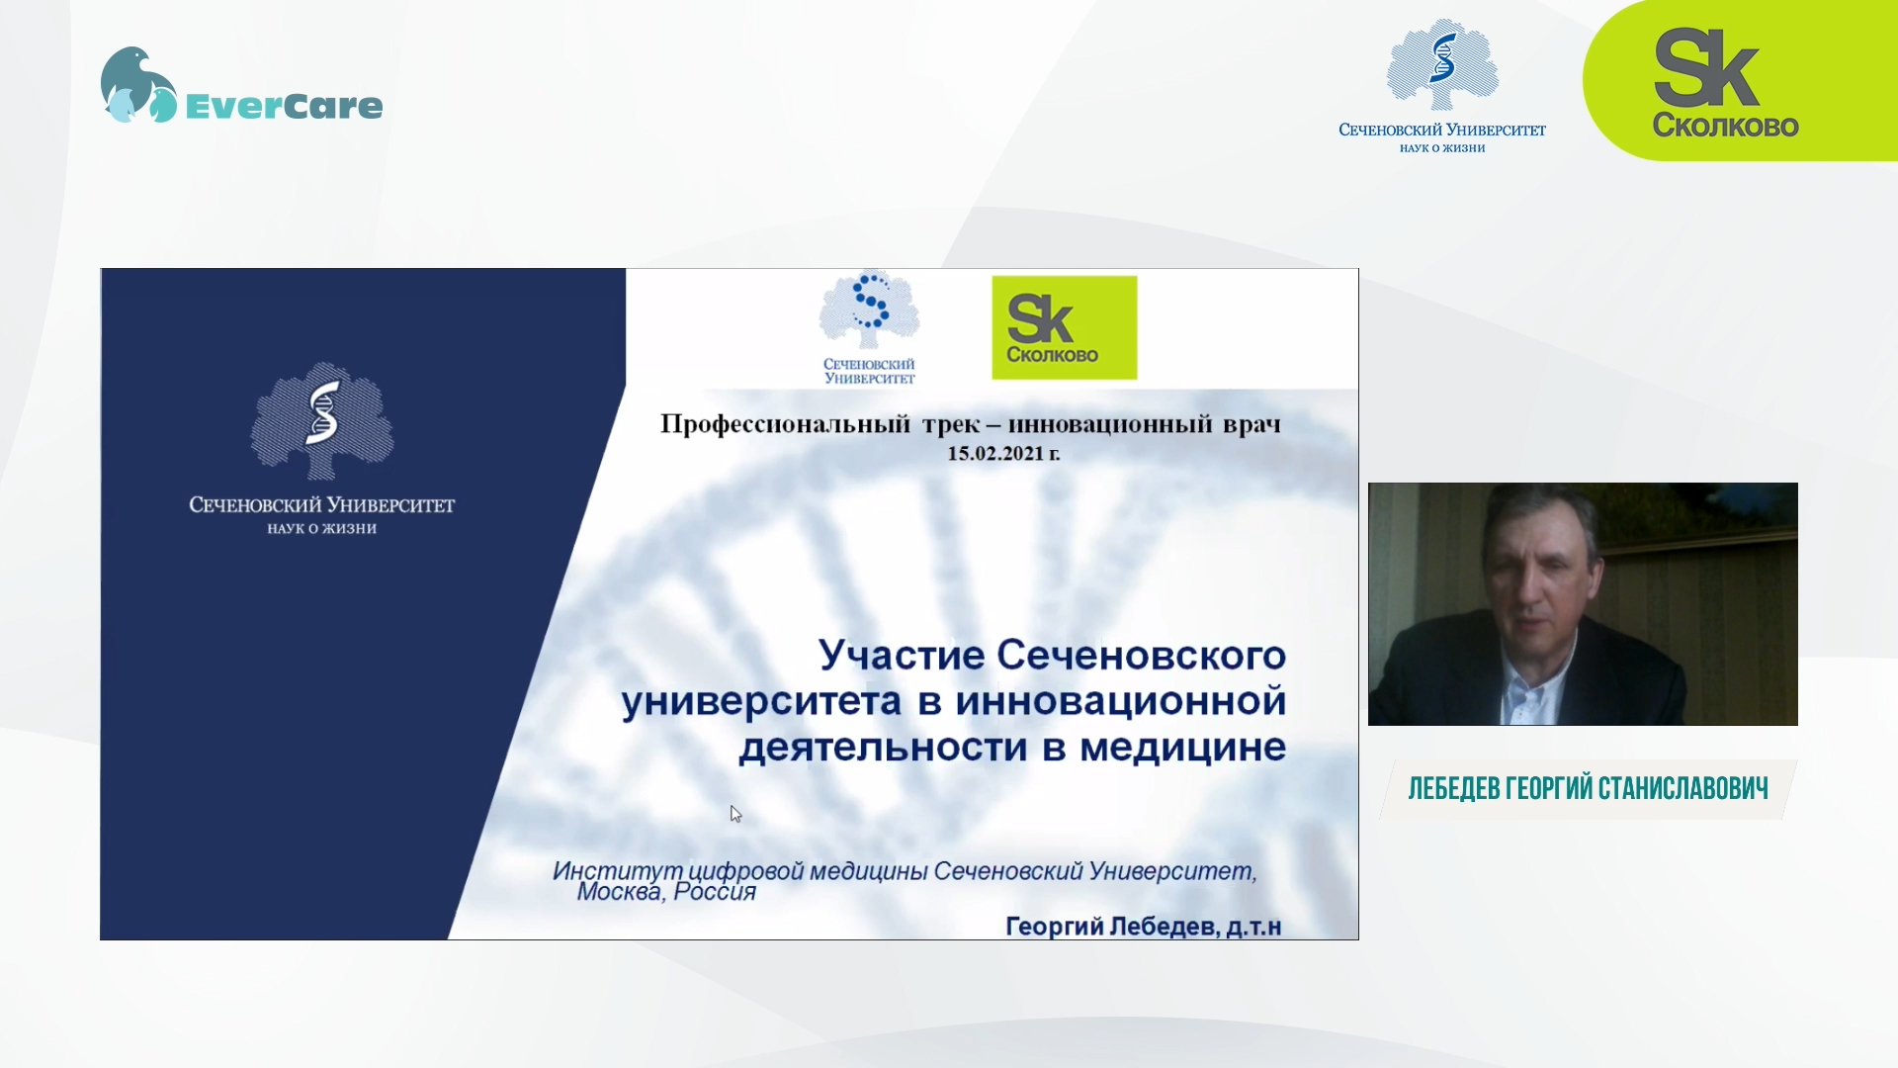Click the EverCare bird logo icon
click(x=138, y=85)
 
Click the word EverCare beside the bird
click(x=284, y=106)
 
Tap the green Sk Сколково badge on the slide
click(x=1064, y=327)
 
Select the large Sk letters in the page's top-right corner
click(x=1706, y=67)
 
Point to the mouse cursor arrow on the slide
click(x=735, y=814)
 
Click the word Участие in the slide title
click(x=902, y=655)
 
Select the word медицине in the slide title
click(x=1182, y=748)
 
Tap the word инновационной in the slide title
click(x=1121, y=701)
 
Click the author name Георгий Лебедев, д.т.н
click(x=1143, y=927)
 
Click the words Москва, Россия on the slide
click(x=666, y=892)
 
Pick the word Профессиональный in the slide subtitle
click(x=785, y=424)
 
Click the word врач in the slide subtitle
click(x=1251, y=425)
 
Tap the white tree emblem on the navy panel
click(x=322, y=420)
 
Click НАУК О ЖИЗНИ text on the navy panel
click(x=322, y=529)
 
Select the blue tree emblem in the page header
click(x=1442, y=63)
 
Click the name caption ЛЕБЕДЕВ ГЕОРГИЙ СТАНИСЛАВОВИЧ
click(x=1588, y=789)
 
